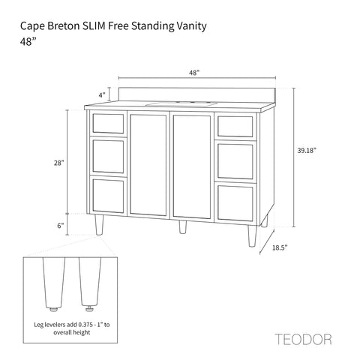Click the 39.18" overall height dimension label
pos(307,151)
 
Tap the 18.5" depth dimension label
pos(280,247)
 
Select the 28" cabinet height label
pos(59,163)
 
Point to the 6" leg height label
pos(61,226)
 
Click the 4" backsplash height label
pos(102,95)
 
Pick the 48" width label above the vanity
pos(194,73)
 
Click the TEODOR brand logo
pos(303,339)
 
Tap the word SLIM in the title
pos(94,26)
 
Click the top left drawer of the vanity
pos(108,124)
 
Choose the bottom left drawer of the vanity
pos(108,196)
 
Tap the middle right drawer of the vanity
pos(235,161)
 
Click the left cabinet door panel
pos(148,165)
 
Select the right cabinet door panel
pos(192,166)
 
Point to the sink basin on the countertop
pos(181,104)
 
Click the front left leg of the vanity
pos(99,225)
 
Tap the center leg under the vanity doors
pos(183,227)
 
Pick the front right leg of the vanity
pos(252,236)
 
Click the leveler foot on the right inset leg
pos(89,310)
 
